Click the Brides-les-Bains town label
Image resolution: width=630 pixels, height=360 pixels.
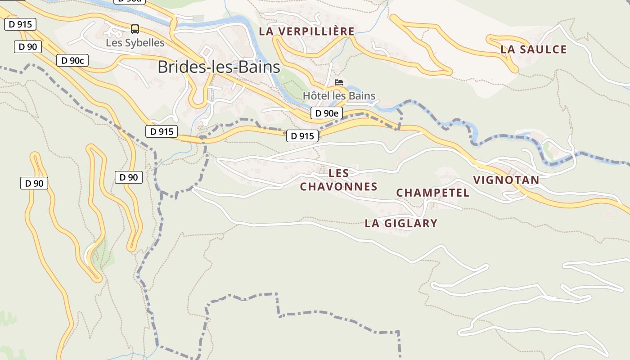pyautogui.click(x=219, y=67)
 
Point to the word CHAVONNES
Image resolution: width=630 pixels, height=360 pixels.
pyautogui.click(x=338, y=186)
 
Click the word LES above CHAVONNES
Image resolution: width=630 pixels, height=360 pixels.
pyautogui.click(x=339, y=173)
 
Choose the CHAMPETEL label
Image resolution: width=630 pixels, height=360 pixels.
pyautogui.click(x=432, y=193)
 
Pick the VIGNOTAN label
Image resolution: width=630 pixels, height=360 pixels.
pyautogui.click(x=506, y=180)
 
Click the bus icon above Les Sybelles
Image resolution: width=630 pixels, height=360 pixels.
pyautogui.click(x=135, y=29)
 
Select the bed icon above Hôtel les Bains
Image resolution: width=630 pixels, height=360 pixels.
pyautogui.click(x=339, y=82)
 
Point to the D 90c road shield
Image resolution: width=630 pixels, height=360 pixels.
pyautogui.click(x=72, y=60)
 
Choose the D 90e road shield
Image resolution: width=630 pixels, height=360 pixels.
pyautogui.click(x=326, y=113)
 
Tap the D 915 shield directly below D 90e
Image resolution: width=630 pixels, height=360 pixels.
pyautogui.click(x=302, y=136)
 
